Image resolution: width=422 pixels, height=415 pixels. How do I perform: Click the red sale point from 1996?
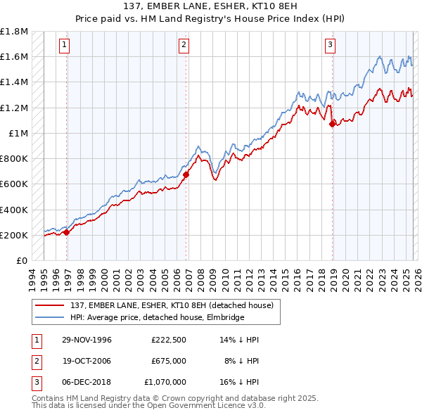pyautogui.click(x=67, y=232)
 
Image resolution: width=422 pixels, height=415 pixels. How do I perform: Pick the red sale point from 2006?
pyautogui.click(x=186, y=174)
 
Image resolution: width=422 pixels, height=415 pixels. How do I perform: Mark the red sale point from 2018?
pyautogui.click(x=332, y=124)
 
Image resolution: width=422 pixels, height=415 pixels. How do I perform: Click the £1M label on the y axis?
pyautogui.click(x=18, y=133)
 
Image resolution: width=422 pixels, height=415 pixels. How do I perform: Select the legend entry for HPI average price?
pyautogui.click(x=156, y=317)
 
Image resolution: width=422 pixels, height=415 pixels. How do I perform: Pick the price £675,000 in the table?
pyautogui.click(x=168, y=361)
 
